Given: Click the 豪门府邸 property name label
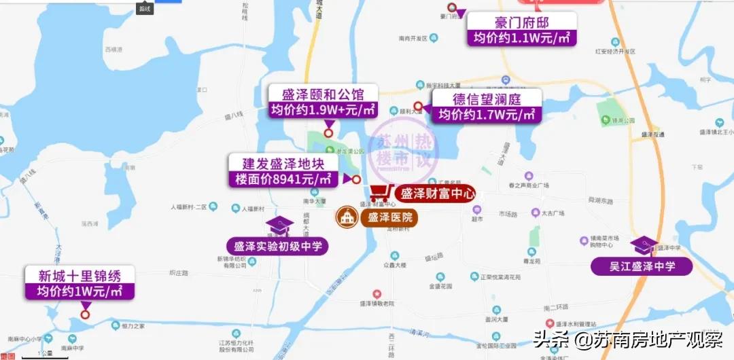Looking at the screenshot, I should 522,22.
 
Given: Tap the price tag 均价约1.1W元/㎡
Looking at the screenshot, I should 522,38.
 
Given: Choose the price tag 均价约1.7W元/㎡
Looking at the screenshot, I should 487,115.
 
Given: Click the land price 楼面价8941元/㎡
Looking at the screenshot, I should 281,180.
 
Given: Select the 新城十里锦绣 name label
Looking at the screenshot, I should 80,276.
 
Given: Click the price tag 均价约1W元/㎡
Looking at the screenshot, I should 80,292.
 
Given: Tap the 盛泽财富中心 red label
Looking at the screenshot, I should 436,193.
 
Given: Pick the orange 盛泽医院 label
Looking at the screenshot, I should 389,218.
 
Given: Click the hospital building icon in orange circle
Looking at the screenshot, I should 348,218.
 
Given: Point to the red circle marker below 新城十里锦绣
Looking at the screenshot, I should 85,314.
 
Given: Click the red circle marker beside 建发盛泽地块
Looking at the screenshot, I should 355,179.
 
